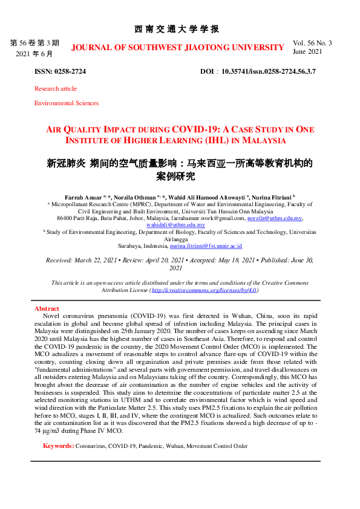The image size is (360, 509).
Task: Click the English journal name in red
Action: pyautogui.click(x=177, y=47)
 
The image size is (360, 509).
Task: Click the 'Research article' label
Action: pyautogui.click(x=56, y=88)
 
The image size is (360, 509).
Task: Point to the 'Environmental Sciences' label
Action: pyautogui.click(x=67, y=103)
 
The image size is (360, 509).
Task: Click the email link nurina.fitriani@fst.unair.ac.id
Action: pyautogui.click(x=206, y=246)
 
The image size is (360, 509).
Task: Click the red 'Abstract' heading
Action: pyautogui.click(x=47, y=309)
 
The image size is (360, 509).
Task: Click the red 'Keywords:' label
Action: pyautogui.click(x=58, y=446)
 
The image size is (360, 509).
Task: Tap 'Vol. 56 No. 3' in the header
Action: pyautogui.click(x=312, y=43)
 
